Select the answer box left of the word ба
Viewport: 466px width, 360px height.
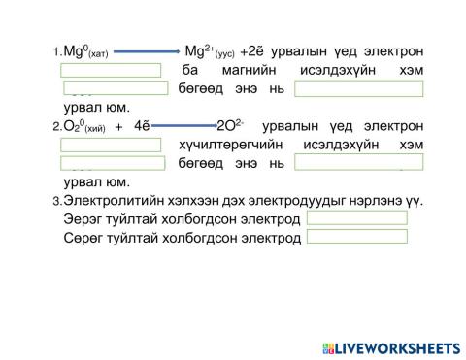click(x=110, y=71)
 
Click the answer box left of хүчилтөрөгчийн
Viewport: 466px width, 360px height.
click(x=110, y=145)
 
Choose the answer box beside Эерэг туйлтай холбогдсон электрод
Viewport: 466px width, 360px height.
click(x=356, y=218)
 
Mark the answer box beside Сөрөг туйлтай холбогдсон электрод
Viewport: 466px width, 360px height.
click(x=356, y=237)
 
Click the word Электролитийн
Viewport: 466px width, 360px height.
click(x=107, y=200)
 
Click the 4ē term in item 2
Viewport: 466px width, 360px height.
click(x=144, y=126)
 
